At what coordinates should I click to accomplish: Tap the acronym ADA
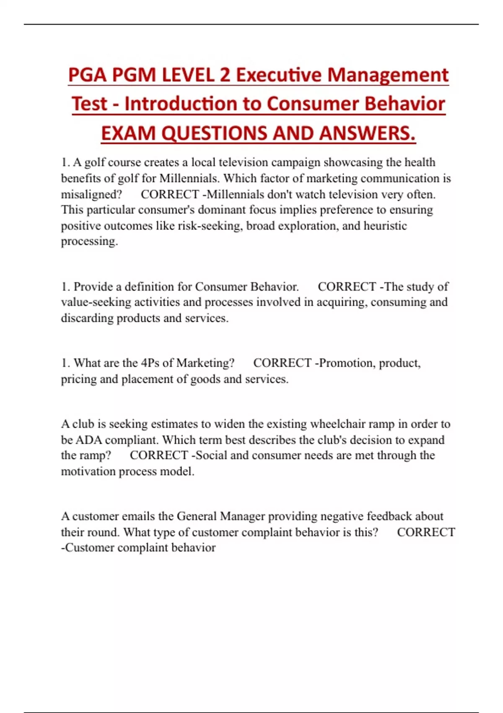(88, 440)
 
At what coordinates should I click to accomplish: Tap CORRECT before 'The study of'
(347, 287)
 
